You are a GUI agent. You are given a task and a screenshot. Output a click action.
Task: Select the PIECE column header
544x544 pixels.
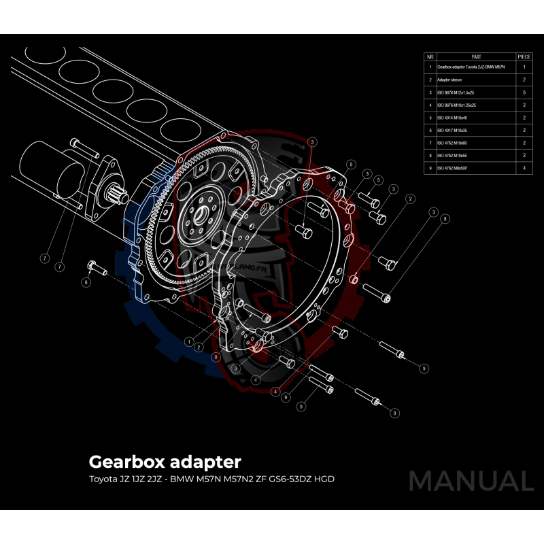[x=524, y=57]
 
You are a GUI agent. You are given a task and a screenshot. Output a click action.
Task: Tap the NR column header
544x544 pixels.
[x=430, y=57]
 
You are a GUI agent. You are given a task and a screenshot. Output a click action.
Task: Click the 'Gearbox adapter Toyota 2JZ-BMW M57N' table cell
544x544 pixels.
[x=471, y=67]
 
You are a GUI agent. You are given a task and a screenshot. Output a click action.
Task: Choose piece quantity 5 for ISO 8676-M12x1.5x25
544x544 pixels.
[x=524, y=92]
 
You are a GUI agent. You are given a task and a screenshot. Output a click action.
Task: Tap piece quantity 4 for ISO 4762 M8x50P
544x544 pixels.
[x=524, y=167]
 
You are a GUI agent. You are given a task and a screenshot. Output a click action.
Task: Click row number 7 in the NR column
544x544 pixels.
[x=430, y=142]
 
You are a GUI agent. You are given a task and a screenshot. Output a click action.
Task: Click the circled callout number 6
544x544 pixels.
[x=86, y=282]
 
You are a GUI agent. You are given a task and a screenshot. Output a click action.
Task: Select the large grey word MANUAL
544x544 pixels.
[x=471, y=481]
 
